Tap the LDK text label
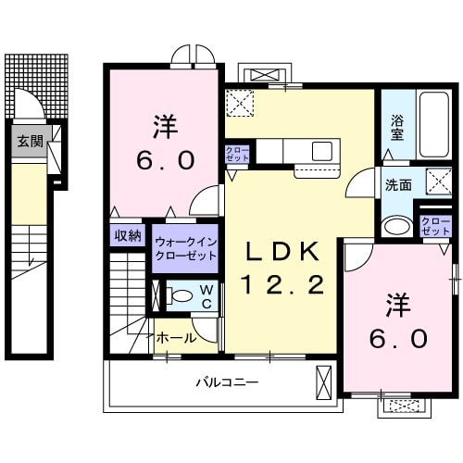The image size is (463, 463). pos(283,253)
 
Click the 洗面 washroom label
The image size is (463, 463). pos(398,184)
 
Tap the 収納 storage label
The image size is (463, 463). pos(129,236)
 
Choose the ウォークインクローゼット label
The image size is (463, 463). pos(186,248)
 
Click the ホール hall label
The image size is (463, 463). pos(176,339)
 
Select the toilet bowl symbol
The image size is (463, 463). pos(181,297)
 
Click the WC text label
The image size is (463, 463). pos(206,297)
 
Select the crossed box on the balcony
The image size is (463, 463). pos(324,382)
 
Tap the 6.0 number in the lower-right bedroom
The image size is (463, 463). pos(401,338)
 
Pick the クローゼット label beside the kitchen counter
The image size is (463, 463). pos(237,155)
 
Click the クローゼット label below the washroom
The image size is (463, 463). pos(434,225)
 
